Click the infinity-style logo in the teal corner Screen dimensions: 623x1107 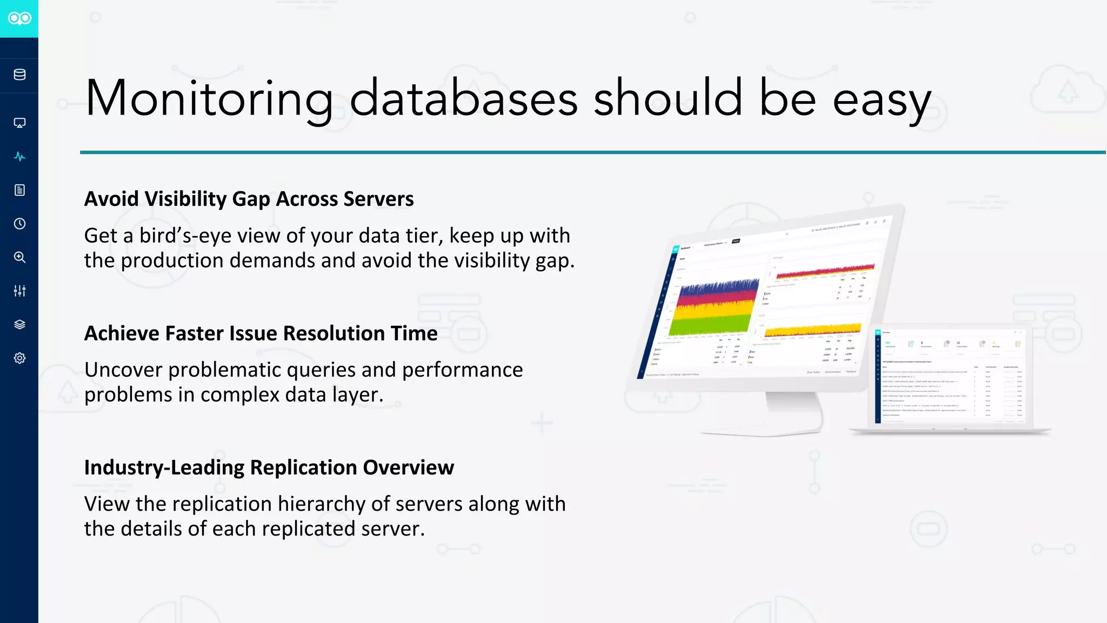[x=19, y=18]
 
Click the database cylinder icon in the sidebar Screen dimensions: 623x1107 [x=19, y=75]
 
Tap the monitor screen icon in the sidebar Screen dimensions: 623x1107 [x=19, y=123]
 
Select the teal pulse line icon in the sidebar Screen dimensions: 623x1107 [x=19, y=157]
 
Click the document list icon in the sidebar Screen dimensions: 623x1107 [x=19, y=190]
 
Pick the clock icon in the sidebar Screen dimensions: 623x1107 [x=19, y=224]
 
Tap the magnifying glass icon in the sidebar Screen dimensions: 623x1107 [x=19, y=257]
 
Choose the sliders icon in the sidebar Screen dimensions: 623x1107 [x=19, y=291]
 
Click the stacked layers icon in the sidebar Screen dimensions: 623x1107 [x=19, y=325]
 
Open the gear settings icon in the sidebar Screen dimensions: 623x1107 [x=19, y=358]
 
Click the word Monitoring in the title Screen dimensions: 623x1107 [x=209, y=99]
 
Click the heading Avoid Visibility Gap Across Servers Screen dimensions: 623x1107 [x=249, y=199]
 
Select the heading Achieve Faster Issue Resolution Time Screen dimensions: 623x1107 [x=261, y=333]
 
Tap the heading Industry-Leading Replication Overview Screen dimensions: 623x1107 [x=269, y=467]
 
